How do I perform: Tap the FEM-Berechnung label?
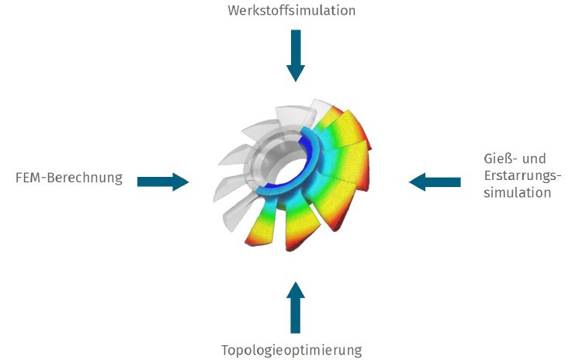click(69, 178)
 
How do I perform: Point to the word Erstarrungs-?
click(515, 176)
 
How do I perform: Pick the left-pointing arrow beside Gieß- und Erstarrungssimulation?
click(435, 182)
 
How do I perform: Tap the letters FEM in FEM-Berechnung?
click(29, 178)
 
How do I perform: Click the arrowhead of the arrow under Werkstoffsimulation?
click(295, 73)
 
